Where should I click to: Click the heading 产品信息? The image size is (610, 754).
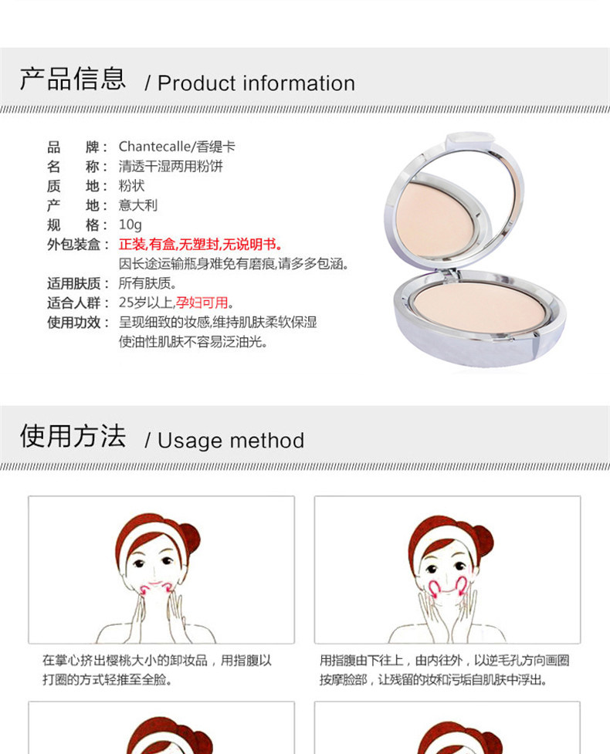(x=73, y=79)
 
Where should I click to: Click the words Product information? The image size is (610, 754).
(x=256, y=83)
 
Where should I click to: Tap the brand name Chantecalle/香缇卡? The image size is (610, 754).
(x=177, y=146)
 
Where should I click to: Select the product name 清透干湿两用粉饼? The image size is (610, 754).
(x=171, y=167)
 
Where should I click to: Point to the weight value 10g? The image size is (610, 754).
(x=130, y=225)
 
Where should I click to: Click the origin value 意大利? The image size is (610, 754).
(x=138, y=205)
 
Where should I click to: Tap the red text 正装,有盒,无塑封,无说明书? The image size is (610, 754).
(x=200, y=245)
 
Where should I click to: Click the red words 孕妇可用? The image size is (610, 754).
(x=202, y=303)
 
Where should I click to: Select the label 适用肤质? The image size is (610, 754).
(x=73, y=283)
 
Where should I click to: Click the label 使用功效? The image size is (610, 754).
(x=73, y=322)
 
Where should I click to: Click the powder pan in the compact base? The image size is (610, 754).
(x=480, y=307)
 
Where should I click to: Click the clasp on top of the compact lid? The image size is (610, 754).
(x=470, y=140)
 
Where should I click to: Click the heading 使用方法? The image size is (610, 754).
(x=73, y=436)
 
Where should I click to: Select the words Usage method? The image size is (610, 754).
(x=231, y=441)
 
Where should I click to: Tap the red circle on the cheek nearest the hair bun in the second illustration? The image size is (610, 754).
(x=460, y=586)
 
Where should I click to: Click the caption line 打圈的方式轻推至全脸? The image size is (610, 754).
(x=107, y=679)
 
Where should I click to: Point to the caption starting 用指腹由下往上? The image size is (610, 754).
(x=445, y=670)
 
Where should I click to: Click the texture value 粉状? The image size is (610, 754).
(x=131, y=186)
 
